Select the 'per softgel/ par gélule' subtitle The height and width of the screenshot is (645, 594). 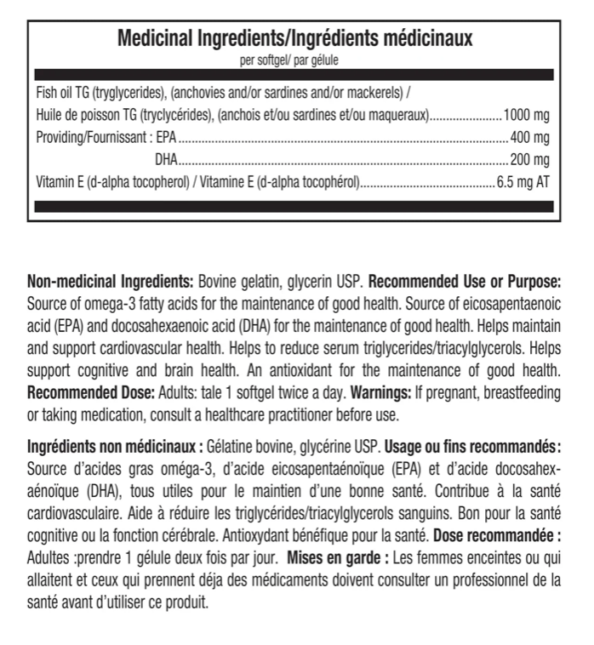[294, 59]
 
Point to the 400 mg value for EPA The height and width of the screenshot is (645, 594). [531, 137]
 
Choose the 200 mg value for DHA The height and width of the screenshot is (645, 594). [531, 159]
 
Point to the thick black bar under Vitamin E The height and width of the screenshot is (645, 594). [294, 205]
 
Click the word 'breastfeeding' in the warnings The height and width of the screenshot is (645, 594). [522, 393]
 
